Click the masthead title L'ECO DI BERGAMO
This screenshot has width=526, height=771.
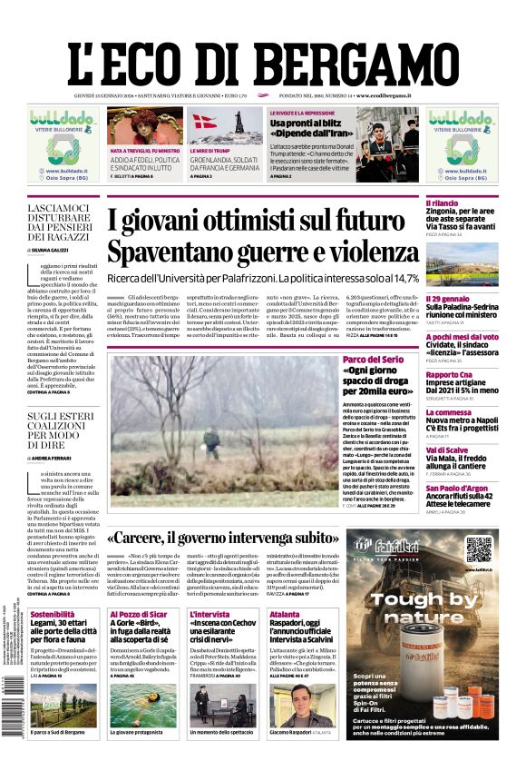click(x=262, y=51)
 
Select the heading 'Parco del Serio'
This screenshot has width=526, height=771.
click(x=372, y=361)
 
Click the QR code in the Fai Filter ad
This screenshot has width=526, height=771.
click(x=478, y=549)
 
